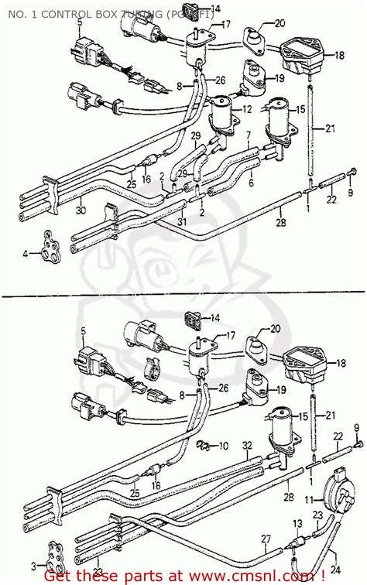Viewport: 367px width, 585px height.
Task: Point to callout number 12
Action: pos(247,110)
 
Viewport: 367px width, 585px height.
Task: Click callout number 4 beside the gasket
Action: pos(25,253)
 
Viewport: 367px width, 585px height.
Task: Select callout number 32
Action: pos(246,446)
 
